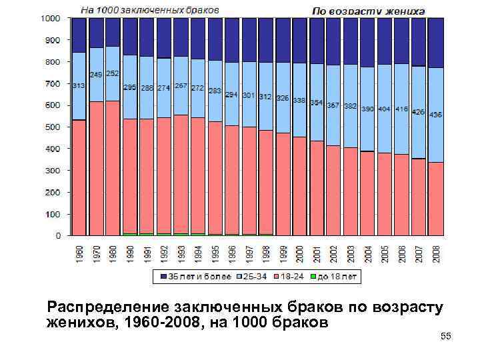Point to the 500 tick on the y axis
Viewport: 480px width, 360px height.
54,127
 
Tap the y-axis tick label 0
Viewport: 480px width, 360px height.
59,235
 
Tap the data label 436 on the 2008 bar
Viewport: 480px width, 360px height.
435,115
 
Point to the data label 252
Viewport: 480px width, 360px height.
112,73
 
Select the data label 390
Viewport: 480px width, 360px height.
367,109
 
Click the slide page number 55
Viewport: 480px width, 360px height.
446,337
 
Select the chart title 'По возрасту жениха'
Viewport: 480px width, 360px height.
368,11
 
